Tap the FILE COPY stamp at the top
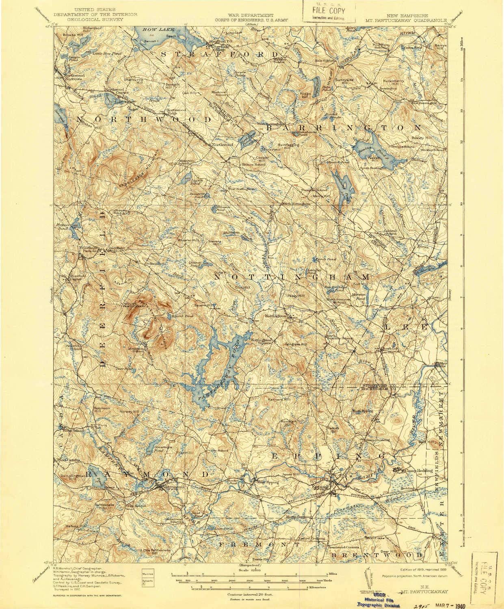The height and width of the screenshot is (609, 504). [329, 10]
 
